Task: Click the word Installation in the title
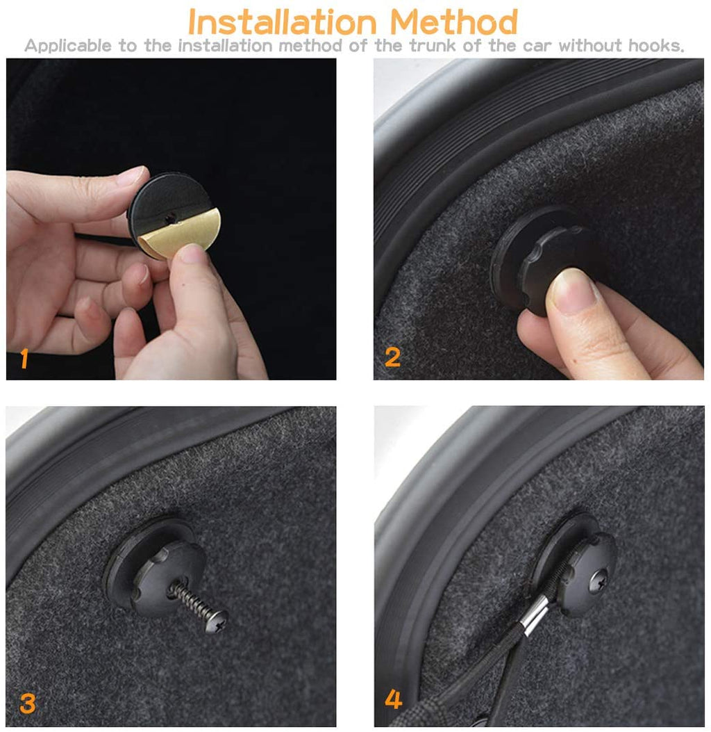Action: click(282, 22)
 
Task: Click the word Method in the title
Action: click(453, 22)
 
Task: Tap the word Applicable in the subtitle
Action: click(68, 46)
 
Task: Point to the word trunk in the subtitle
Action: click(433, 45)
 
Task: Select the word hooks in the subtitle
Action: click(655, 45)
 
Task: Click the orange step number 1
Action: click(24, 359)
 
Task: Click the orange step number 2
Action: click(392, 357)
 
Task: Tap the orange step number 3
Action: click(28, 703)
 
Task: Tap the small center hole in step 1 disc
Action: click(171, 217)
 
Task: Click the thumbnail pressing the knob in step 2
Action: click(573, 289)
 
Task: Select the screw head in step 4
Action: click(599, 582)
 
